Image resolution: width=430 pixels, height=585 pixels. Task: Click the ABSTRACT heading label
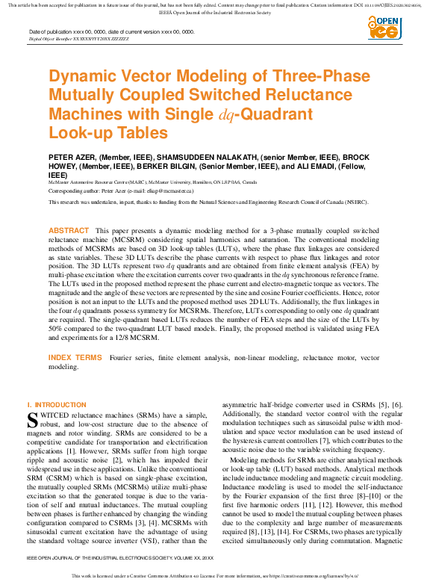click(x=69, y=232)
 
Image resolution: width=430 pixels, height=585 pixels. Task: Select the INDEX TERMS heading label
click(x=75, y=359)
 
